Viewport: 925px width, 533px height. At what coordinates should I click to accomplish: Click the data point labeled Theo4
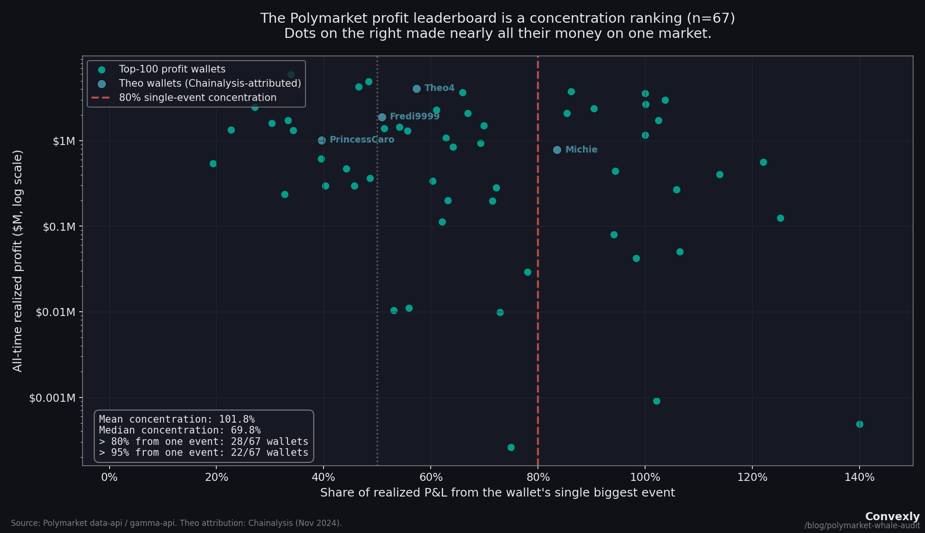pyautogui.click(x=416, y=89)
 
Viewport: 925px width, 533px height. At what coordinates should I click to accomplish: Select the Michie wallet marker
pyautogui.click(x=557, y=150)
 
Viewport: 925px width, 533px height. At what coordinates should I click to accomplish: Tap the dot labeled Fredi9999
pyautogui.click(x=382, y=117)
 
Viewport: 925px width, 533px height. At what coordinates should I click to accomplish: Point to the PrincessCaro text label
pyautogui.click(x=361, y=140)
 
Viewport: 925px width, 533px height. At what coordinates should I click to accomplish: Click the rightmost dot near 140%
pyautogui.click(x=860, y=424)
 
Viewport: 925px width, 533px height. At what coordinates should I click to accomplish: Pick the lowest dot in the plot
pyautogui.click(x=511, y=447)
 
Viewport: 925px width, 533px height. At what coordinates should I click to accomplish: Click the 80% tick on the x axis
pyautogui.click(x=537, y=477)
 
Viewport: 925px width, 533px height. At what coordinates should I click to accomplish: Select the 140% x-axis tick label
pyautogui.click(x=859, y=477)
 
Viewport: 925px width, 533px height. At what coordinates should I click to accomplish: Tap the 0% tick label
pyautogui.click(x=109, y=477)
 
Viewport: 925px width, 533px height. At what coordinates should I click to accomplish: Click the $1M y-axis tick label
pyautogui.click(x=64, y=141)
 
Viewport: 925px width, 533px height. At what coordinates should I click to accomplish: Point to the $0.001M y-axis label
pyautogui.click(x=52, y=397)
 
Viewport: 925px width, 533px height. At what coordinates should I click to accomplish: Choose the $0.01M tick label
pyautogui.click(x=55, y=312)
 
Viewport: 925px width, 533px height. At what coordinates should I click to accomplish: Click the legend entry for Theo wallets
pyautogui.click(x=210, y=83)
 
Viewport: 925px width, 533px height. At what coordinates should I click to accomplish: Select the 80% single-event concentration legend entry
pyautogui.click(x=197, y=98)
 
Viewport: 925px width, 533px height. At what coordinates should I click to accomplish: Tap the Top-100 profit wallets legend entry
pyautogui.click(x=172, y=69)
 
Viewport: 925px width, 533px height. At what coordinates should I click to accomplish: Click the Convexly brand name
pyautogui.click(x=892, y=516)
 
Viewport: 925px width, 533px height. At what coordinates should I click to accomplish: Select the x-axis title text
pyautogui.click(x=497, y=493)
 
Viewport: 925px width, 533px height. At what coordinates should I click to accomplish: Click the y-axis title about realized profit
pyautogui.click(x=18, y=261)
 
